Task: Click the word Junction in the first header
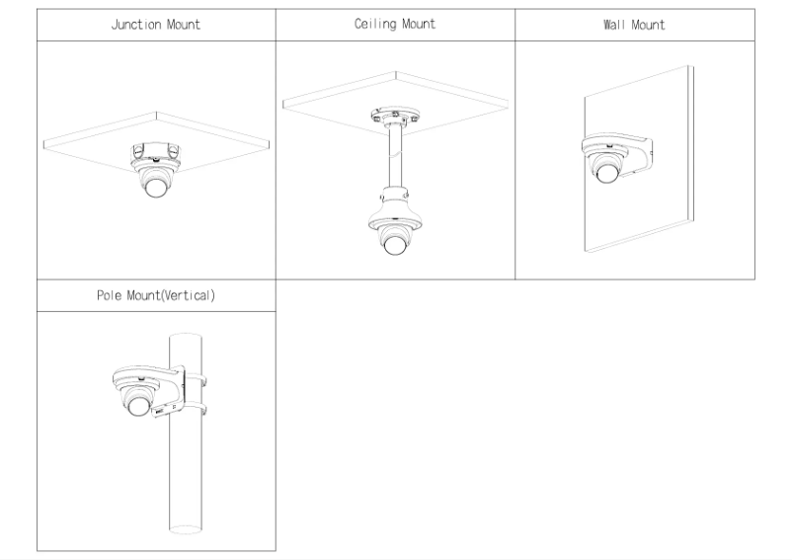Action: coord(137,25)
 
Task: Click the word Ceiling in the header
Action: coord(374,25)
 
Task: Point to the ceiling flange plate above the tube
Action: coord(395,118)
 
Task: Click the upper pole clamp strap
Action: coord(198,376)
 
